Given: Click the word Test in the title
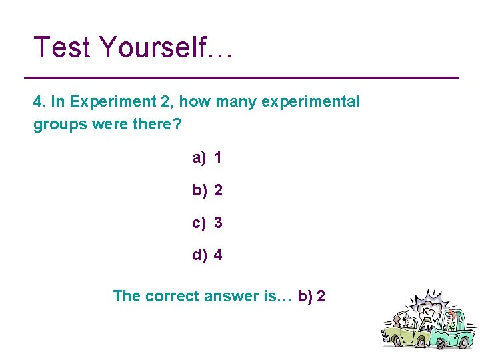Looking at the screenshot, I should (61, 47).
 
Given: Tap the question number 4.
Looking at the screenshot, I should (39, 102).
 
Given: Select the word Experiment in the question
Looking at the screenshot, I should (101, 102).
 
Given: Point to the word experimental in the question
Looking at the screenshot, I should (311, 102).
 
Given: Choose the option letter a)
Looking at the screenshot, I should (199, 158).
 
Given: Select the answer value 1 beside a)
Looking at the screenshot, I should (218, 158).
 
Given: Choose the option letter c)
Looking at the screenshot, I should (199, 223).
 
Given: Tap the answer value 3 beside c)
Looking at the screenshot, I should (218, 223).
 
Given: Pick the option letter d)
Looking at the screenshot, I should (199, 255).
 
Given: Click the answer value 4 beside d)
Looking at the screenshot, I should (219, 255).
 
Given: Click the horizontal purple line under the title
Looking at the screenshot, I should (246, 78).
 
